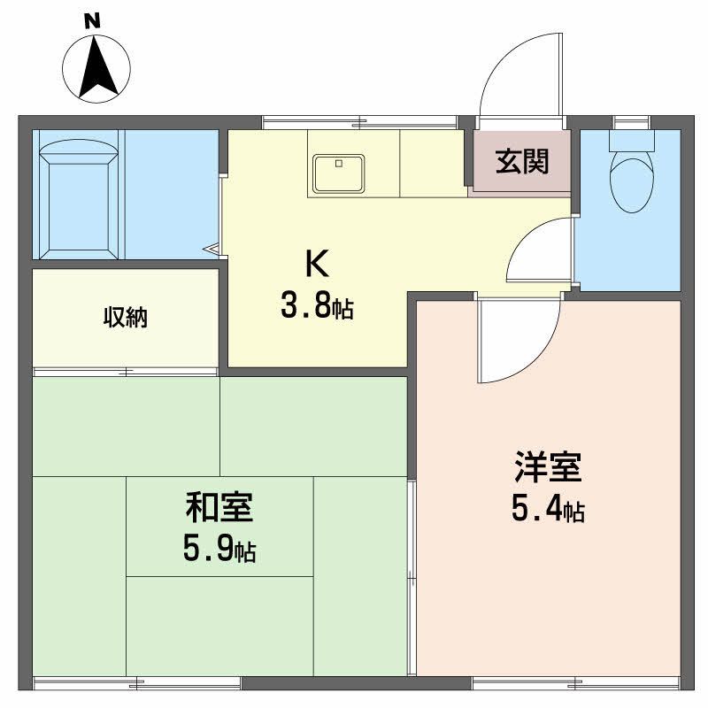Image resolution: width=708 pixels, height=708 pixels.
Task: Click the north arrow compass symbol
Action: pyautogui.click(x=96, y=65)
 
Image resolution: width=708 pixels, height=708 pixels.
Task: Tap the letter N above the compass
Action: pyautogui.click(x=91, y=20)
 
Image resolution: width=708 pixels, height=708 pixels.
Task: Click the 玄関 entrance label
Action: pyautogui.click(x=521, y=161)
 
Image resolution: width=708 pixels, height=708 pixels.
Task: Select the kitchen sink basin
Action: pyautogui.click(x=337, y=173)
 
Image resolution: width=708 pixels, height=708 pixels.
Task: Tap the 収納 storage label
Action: pyautogui.click(x=125, y=317)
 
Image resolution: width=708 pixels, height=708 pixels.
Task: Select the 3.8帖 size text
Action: pyautogui.click(x=317, y=306)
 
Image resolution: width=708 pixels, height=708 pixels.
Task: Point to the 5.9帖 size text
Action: pyautogui.click(x=219, y=550)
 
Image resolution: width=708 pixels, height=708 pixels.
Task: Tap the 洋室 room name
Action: pyautogui.click(x=547, y=466)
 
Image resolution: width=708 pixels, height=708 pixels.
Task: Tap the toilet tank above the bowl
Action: pyautogui.click(x=631, y=139)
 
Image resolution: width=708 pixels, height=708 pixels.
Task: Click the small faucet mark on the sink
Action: pyautogui.click(x=337, y=163)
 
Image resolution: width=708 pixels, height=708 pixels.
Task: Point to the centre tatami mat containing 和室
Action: pyautogui.click(x=219, y=526)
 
